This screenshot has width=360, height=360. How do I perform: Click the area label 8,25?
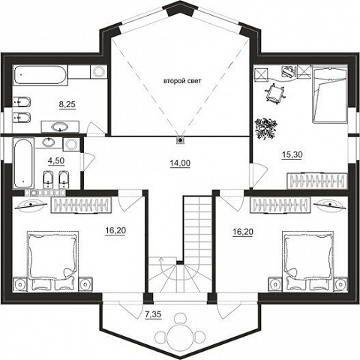(67, 104)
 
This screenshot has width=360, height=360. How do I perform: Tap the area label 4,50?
(56, 160)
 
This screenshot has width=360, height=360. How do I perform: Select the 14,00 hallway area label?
(180, 163)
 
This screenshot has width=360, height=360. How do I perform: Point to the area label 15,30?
(292, 154)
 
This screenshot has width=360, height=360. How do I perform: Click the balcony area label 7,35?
(153, 314)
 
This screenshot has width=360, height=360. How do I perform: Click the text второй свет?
(182, 81)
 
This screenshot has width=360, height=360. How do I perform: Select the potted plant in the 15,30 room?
(265, 128)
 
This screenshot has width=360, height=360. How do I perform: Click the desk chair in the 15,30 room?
(275, 93)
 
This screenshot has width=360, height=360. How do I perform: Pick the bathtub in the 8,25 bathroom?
(40, 75)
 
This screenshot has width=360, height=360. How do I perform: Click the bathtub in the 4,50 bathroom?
(23, 163)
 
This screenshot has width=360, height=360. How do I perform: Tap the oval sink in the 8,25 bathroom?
(60, 127)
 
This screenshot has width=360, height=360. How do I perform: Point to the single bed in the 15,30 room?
(330, 94)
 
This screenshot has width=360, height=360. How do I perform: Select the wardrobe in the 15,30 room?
(317, 181)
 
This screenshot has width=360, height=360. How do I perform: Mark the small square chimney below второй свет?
(180, 140)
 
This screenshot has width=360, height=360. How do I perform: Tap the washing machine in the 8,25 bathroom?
(98, 71)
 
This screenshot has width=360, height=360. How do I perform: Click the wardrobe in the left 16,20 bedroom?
(81, 205)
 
